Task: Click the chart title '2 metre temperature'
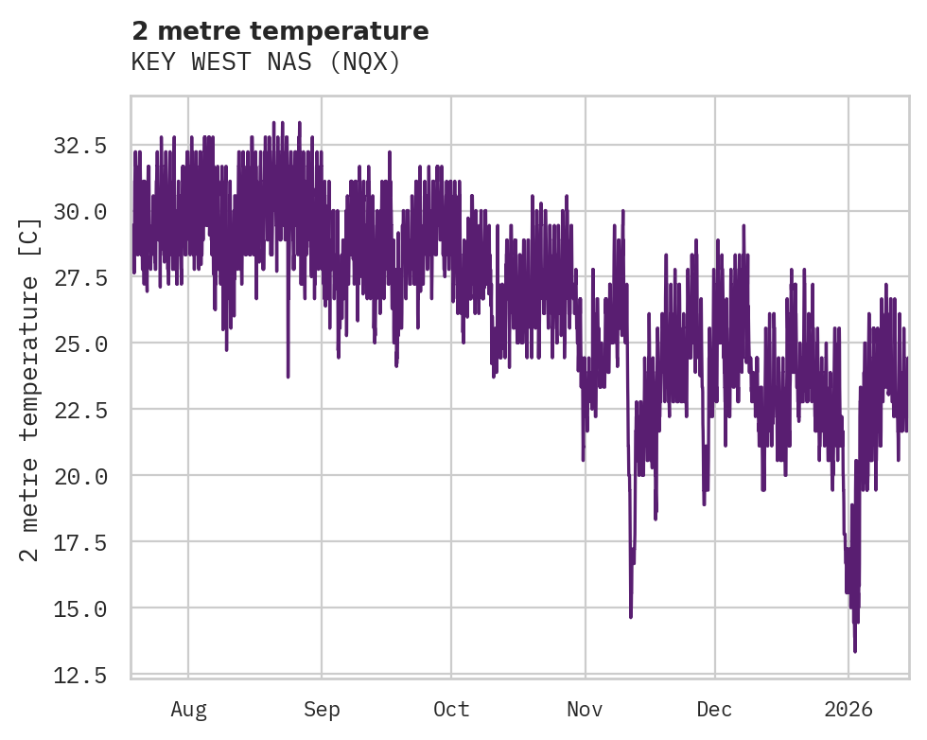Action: [280, 31]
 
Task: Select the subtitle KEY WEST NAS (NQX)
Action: [266, 62]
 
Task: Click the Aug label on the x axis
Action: [188, 709]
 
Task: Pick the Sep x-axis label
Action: [322, 709]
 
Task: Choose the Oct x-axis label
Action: [451, 709]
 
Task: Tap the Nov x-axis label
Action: [586, 709]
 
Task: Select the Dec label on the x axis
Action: [715, 709]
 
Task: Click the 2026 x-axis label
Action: [848, 709]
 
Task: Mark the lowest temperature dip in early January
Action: [855, 651]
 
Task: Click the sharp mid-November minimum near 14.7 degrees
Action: [631, 617]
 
